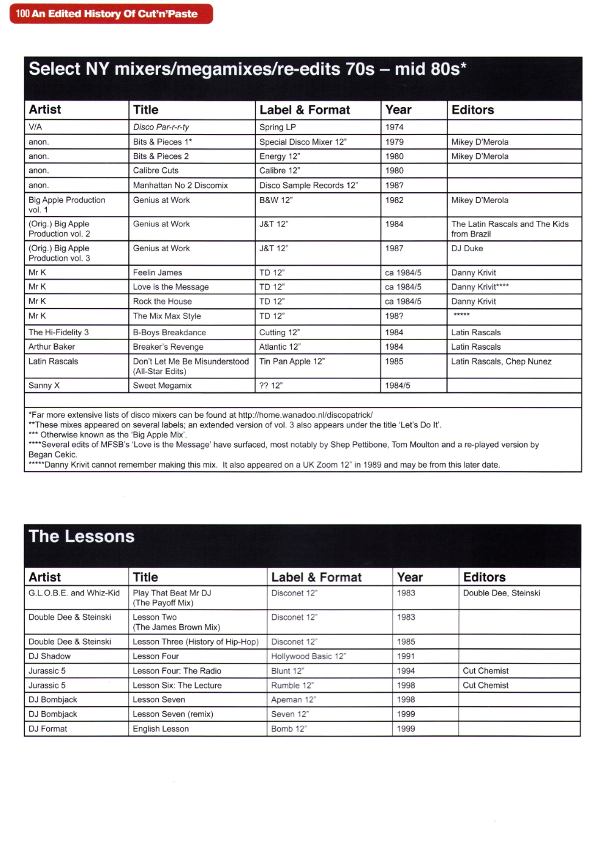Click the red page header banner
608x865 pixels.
pos(111,14)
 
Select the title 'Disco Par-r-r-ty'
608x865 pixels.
pos(161,127)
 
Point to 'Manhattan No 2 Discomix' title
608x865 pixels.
pos(181,186)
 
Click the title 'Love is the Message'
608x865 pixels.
pos(171,287)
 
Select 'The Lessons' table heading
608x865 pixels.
pos(81,537)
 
